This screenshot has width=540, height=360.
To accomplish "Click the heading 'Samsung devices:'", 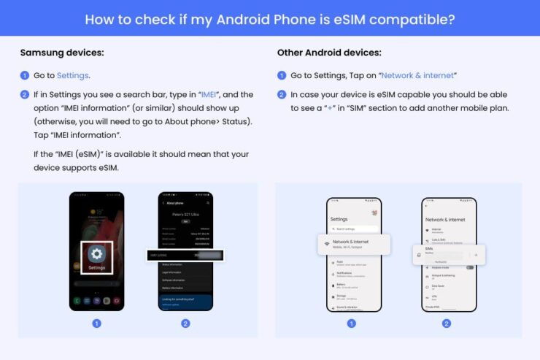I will coord(62,53).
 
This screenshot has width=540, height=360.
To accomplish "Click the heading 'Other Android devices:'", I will coord(329,53).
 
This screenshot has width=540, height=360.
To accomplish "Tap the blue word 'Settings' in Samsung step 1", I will coord(73,75).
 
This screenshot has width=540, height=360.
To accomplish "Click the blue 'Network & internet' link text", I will coord(418,75).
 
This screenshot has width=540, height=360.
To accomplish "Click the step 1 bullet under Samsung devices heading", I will coord(24,75).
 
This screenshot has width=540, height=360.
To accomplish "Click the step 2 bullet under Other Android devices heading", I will coord(282,95).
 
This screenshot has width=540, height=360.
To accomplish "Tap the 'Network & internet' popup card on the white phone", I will coord(354,244).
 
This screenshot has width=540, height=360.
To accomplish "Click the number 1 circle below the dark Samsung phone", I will coord(96,323).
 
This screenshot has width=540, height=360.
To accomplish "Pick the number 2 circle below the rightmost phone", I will coord(447,323).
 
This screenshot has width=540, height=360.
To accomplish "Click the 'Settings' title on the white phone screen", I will coord(339,218).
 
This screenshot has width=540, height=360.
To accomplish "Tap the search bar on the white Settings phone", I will coord(354,229).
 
